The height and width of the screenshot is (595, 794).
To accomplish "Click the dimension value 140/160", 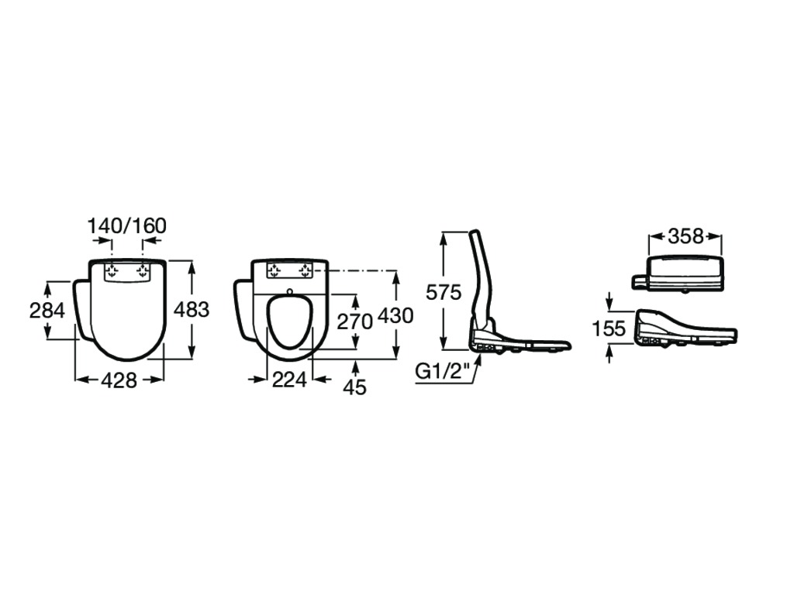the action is (x=127, y=226).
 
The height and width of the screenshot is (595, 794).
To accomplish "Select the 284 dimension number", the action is (x=47, y=310).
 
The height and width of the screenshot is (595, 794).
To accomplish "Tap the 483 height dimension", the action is (x=192, y=309).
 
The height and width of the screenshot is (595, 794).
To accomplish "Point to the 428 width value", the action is (x=119, y=380).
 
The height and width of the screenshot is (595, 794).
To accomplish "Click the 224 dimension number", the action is (x=289, y=379).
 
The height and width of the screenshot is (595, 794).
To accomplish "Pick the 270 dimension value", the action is (x=355, y=322).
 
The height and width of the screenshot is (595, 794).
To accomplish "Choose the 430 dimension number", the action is (x=396, y=316).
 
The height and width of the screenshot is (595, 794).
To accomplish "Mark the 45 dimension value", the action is (x=354, y=387).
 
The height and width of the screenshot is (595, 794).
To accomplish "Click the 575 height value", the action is (x=444, y=292).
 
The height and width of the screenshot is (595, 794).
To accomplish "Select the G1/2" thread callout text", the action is (x=440, y=373).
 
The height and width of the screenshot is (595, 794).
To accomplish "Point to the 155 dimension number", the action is (x=609, y=328).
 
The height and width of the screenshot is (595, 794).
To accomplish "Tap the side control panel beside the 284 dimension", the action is (x=84, y=308).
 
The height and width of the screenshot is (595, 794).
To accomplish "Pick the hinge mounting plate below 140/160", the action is (x=127, y=271).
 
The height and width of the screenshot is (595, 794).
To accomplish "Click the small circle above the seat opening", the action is (x=290, y=291).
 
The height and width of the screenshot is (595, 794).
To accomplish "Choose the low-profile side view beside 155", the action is (x=686, y=330).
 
